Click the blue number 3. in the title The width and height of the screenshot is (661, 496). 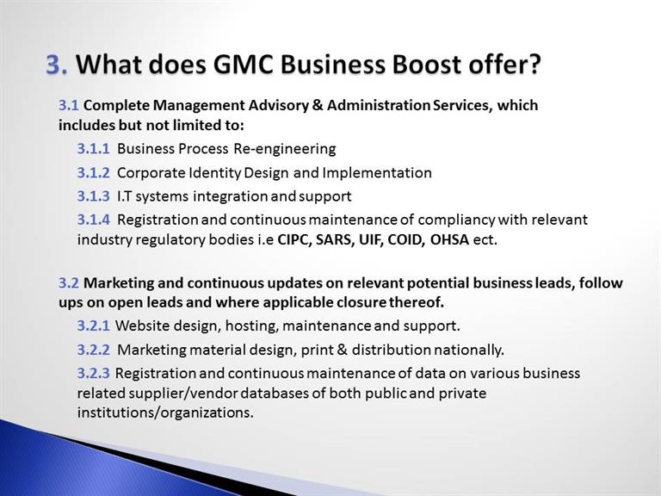(57, 65)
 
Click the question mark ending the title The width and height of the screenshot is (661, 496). (534, 65)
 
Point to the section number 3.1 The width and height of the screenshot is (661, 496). (69, 105)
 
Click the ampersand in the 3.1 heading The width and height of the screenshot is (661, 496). (318, 105)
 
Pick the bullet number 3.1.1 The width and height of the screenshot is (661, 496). (93, 148)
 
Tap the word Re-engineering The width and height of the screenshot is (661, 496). (285, 149)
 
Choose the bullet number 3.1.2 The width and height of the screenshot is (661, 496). (93, 172)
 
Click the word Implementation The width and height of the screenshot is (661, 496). (377, 173)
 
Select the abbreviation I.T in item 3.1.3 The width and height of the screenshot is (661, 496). (124, 196)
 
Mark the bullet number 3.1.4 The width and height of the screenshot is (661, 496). (93, 220)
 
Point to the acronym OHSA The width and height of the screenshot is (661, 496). (449, 239)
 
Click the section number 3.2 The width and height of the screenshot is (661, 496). (69, 282)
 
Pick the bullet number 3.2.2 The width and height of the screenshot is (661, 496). (93, 350)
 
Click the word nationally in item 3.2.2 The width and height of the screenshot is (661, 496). (469, 350)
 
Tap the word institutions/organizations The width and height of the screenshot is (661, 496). (165, 412)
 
